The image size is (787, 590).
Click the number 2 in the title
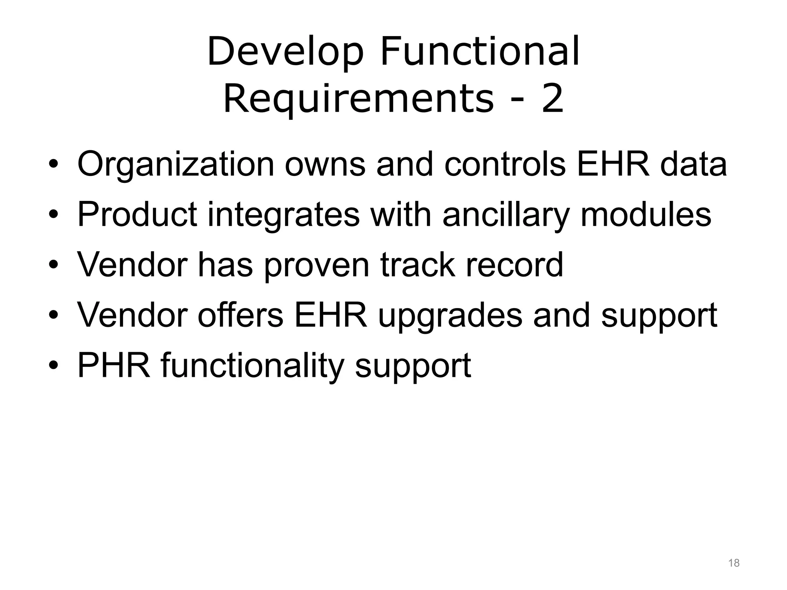(x=552, y=99)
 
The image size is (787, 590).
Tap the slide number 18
(x=734, y=563)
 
